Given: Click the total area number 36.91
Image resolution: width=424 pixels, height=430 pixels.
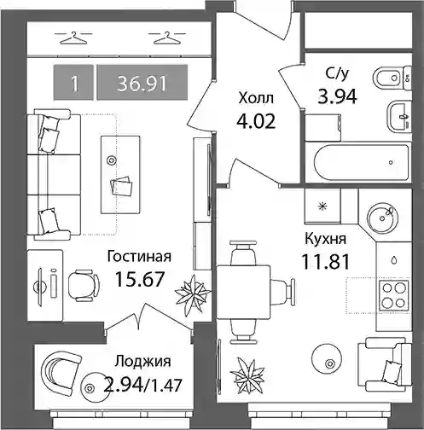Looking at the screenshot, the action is click(142, 84).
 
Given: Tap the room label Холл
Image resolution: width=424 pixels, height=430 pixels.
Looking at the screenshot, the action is click(256, 98).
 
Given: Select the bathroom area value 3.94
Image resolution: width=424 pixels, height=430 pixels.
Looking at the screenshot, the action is click(337, 97).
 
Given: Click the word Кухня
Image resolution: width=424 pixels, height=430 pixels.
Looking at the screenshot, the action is click(326, 240).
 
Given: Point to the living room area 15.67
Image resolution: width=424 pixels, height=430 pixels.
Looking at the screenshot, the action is click(140, 279).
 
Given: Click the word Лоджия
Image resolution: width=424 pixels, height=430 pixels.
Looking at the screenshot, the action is click(143, 362).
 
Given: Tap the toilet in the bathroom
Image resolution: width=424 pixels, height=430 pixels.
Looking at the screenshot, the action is click(392, 78).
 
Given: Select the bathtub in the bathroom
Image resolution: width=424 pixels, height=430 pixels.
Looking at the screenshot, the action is click(362, 162).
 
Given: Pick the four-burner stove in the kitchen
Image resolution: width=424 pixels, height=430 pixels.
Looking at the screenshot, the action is click(394, 296).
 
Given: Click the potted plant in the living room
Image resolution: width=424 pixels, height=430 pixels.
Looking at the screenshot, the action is click(193, 295).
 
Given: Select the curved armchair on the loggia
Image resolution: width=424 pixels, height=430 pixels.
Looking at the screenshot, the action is click(61, 372).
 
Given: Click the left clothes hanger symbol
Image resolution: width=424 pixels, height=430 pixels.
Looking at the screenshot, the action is click(73, 38).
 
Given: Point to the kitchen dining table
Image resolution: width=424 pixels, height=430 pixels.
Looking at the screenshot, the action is click(243, 292).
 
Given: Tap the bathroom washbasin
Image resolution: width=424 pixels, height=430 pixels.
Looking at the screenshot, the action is click(399, 117).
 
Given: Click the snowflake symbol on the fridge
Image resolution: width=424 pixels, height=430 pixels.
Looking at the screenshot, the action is click(322, 206).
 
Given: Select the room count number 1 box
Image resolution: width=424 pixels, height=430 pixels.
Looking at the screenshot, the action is click(73, 83).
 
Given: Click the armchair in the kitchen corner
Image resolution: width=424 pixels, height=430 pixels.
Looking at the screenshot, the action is click(385, 364).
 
